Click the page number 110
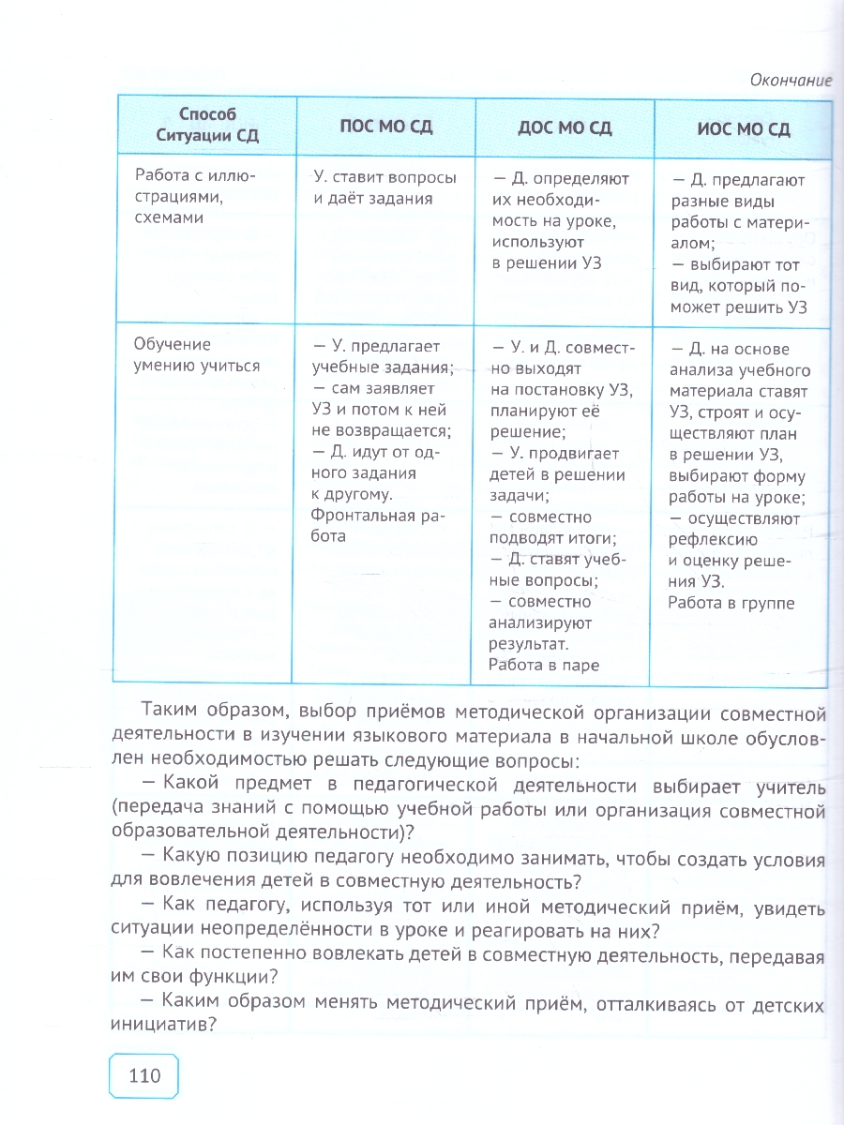click(x=143, y=1074)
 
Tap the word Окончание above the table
click(x=791, y=80)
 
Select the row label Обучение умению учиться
click(x=197, y=355)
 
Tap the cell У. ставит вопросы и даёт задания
click(x=384, y=187)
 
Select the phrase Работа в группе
click(x=731, y=603)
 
